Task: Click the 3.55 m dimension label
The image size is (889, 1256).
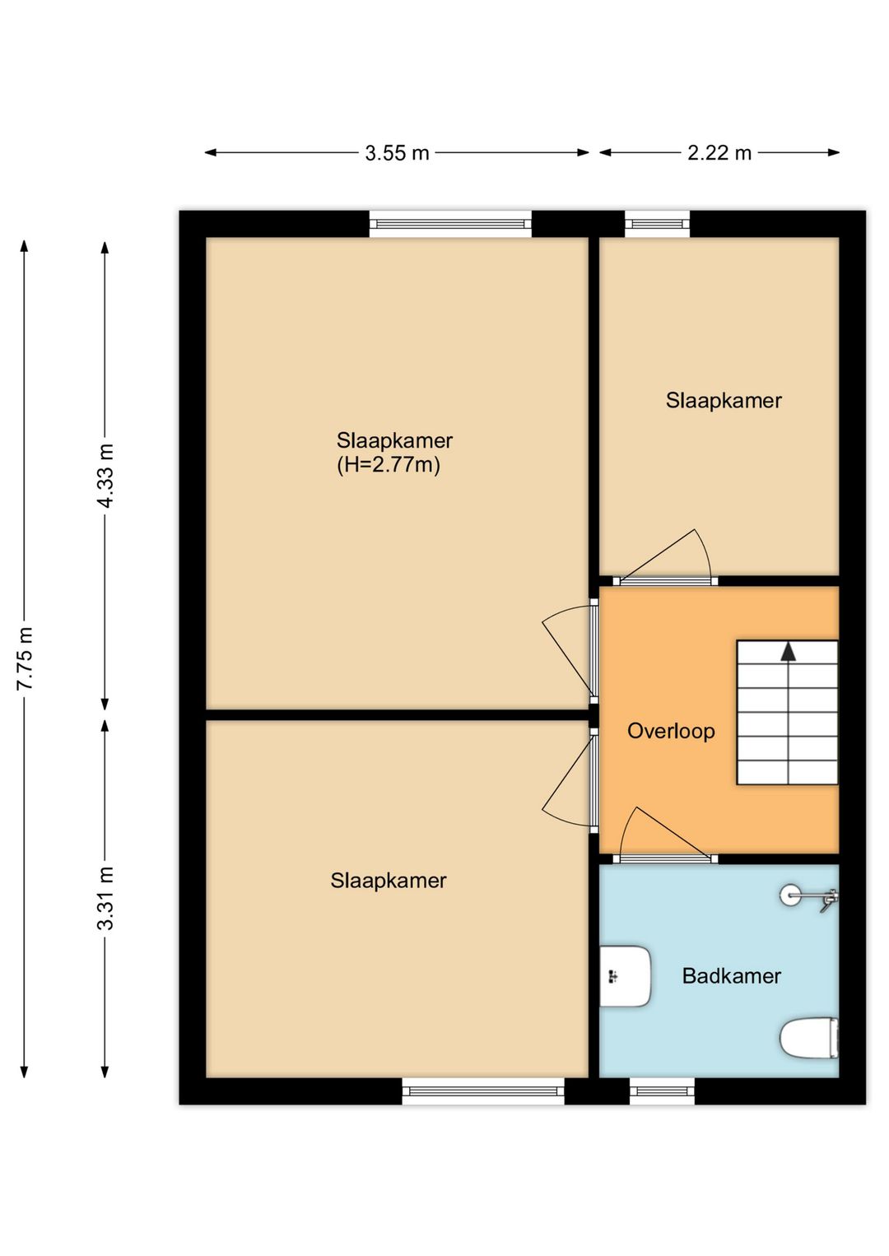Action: [x=397, y=152]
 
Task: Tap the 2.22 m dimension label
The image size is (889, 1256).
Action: [x=719, y=152]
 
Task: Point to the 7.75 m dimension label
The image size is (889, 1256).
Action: [x=25, y=658]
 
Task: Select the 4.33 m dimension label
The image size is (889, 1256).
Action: [x=105, y=476]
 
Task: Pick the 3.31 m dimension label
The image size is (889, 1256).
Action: [x=105, y=898]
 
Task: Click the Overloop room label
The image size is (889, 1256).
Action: [x=671, y=731]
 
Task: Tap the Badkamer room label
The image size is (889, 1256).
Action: [x=732, y=976]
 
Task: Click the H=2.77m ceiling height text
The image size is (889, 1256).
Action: [x=389, y=465]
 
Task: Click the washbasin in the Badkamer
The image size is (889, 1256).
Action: [x=625, y=976]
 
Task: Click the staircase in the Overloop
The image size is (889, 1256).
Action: [x=787, y=713]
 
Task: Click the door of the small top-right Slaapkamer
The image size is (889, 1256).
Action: [x=665, y=556]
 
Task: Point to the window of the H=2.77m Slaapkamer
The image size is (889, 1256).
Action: [x=450, y=224]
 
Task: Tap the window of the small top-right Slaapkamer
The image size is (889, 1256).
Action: [x=658, y=224]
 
